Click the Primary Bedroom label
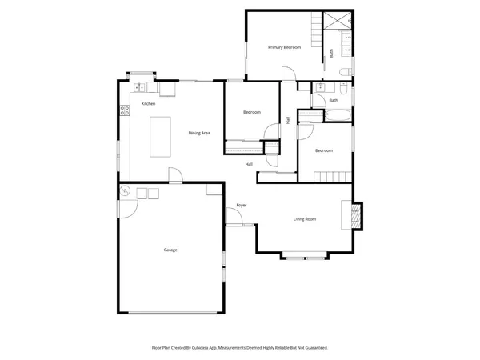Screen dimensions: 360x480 pyautogui.click(x=284, y=48)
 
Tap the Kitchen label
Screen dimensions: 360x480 pyautogui.click(x=148, y=104)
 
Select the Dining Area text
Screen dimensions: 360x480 pyautogui.click(x=199, y=133)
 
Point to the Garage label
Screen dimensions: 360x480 pyautogui.click(x=170, y=250)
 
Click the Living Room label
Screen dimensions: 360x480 pyautogui.click(x=305, y=218)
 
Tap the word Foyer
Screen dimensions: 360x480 pyautogui.click(x=242, y=206)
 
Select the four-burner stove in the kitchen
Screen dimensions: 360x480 pyautogui.click(x=124, y=112)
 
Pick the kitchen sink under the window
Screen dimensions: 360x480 pyautogui.click(x=139, y=86)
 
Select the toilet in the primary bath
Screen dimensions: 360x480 pyautogui.click(x=345, y=72)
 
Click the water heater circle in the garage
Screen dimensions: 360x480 pyautogui.click(x=126, y=191)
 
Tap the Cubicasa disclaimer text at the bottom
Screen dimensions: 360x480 pyautogui.click(x=239, y=348)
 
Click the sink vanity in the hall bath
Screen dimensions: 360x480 pyautogui.click(x=319, y=88)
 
